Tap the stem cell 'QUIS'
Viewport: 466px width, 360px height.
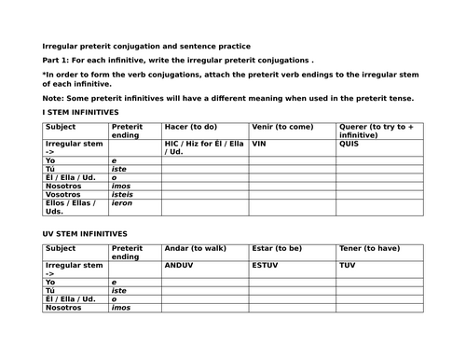click(349, 145)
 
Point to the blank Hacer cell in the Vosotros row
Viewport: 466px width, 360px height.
click(203, 195)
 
